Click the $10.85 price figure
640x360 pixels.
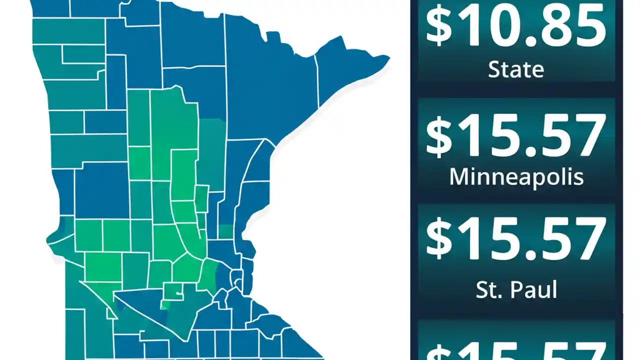tap(515, 26)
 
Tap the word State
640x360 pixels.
tap(515, 69)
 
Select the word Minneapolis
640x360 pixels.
tap(516, 177)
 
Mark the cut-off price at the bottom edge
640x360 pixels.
tap(515, 350)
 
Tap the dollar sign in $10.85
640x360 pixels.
tap(438, 26)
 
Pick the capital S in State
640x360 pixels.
tap(494, 69)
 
